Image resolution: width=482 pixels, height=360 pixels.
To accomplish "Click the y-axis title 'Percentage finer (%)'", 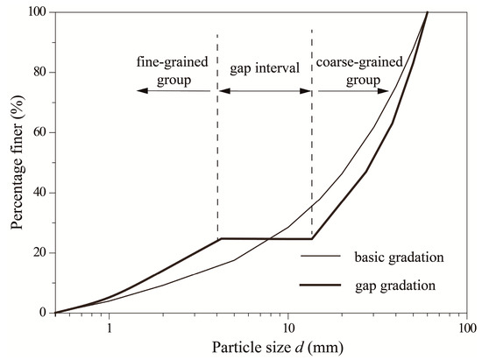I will pyautogui.click(x=17, y=164).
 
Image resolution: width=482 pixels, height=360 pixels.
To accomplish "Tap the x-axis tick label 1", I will pyautogui.click(x=109, y=326).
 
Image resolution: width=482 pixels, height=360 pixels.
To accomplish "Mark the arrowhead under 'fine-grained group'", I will pyautogui.click(x=141, y=90).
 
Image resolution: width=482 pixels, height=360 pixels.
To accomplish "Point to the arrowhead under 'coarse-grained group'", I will pyautogui.click(x=386, y=90).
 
